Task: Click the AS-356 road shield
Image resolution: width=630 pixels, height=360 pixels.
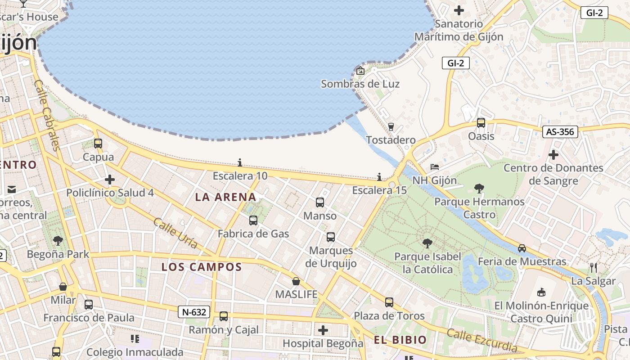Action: [560, 131]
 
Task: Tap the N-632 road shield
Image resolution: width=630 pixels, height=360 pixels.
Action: [194, 312]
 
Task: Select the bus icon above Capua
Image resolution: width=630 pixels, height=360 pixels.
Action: [98, 144]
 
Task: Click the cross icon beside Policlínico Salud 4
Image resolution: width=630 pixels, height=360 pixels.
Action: [110, 180]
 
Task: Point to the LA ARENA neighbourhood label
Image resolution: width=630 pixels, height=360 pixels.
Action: [225, 197]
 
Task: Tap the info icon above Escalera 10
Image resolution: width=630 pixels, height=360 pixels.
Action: [240, 162]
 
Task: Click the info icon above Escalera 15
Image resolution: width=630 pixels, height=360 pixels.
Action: [379, 177]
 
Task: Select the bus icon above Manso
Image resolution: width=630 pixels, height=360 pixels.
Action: [320, 202]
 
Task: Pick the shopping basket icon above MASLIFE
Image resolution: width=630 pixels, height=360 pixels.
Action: [296, 281]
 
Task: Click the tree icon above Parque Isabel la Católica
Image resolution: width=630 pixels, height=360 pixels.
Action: [427, 243]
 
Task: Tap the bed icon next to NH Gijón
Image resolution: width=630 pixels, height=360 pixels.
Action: [434, 167]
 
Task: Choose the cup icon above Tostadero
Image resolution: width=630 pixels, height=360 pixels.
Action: [391, 127]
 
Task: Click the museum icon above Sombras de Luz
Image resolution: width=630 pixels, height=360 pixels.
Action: [360, 71]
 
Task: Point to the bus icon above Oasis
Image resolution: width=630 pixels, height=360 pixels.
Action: [481, 123]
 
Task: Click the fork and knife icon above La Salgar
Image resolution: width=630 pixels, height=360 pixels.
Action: [594, 268]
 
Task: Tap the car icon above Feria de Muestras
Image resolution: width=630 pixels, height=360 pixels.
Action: [522, 248]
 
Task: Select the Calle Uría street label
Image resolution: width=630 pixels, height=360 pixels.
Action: [175, 233]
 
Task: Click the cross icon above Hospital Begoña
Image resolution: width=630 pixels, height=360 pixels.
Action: [323, 330]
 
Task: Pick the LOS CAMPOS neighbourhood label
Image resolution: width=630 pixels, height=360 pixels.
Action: [202, 267]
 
